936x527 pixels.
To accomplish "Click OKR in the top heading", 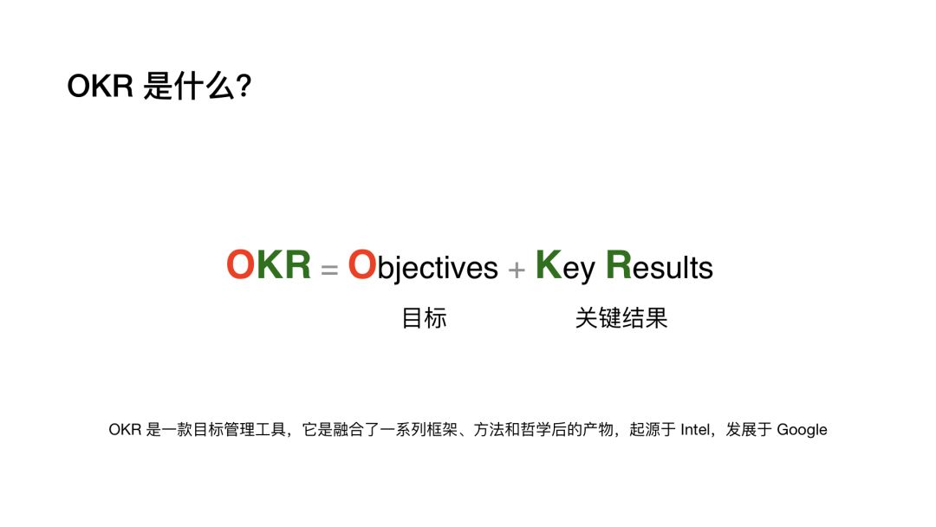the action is coord(100,86).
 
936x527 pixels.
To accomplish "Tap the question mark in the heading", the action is coord(244,86).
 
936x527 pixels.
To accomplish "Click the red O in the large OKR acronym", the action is coord(241,264).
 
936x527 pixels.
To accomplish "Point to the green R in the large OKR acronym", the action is coord(298,264).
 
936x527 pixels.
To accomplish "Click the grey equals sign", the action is coord(329,270).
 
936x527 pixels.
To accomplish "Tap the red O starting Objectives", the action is coord(361,264).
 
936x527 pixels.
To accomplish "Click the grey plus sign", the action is coord(517,270).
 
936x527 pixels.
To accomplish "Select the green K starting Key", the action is coord(549,264).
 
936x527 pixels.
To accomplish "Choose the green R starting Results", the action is coord(619,264).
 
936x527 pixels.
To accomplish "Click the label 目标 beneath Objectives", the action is coord(425,318).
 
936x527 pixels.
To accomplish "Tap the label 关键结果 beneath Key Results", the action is coord(621,318).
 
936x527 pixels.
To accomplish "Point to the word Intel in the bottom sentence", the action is coord(695,430).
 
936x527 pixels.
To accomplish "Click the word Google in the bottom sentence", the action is coord(802,430).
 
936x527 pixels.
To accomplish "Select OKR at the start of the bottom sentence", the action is coord(125,430).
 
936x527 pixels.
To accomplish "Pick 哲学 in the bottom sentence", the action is coord(536,430).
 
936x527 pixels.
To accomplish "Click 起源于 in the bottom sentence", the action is coord(653,430).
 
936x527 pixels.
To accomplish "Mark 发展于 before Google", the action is coord(749,430).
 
